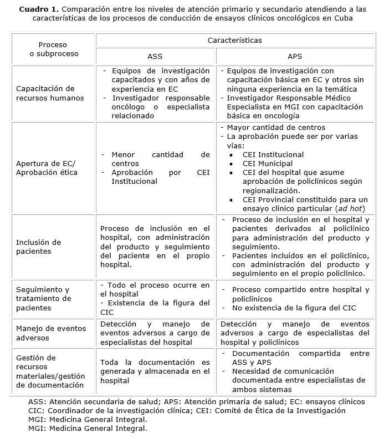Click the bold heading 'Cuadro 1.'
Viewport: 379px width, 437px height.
click(38, 9)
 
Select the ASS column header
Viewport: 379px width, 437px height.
click(155, 57)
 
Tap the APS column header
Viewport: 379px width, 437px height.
click(295, 57)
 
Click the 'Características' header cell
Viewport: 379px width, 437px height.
click(235, 41)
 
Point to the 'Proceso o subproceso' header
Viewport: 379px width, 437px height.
click(54, 49)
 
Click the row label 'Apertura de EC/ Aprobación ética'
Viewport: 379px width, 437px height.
click(47, 168)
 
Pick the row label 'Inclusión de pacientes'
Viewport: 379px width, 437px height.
click(38, 247)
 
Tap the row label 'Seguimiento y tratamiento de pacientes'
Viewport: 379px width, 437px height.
click(44, 299)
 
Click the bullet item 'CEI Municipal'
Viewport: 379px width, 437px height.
click(268, 164)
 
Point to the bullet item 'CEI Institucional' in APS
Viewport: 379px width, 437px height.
click(273, 155)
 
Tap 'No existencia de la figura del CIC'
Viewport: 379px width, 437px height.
click(294, 308)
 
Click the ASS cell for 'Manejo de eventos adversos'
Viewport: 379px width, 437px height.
click(155, 333)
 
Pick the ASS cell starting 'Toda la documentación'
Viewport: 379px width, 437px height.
click(155, 371)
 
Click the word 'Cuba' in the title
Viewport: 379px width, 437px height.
click(342, 18)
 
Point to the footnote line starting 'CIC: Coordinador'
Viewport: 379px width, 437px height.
click(186, 411)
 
